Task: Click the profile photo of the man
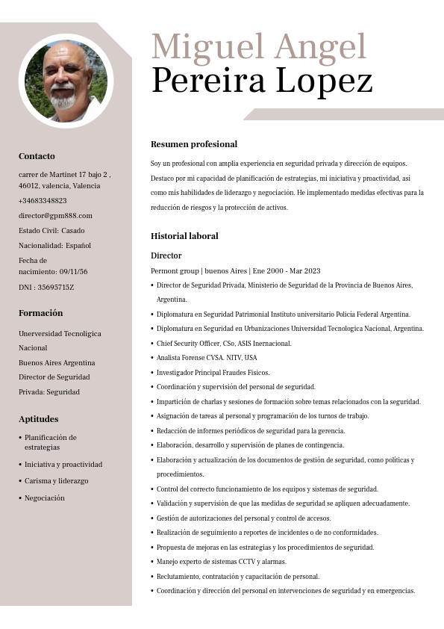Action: (66, 81)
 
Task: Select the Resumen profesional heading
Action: (194, 144)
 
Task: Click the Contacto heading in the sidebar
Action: (37, 156)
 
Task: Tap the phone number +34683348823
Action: (43, 200)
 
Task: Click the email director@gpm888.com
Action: (55, 215)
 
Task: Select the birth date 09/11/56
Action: (73, 272)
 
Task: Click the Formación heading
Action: (40, 313)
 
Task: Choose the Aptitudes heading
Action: (38, 419)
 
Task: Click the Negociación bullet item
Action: (44, 498)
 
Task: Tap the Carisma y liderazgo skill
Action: (56, 481)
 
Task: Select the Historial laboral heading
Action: (184, 236)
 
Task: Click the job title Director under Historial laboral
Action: (166, 255)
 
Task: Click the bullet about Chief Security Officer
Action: (224, 344)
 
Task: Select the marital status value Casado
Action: (73, 230)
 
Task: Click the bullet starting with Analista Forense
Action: (207, 358)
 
